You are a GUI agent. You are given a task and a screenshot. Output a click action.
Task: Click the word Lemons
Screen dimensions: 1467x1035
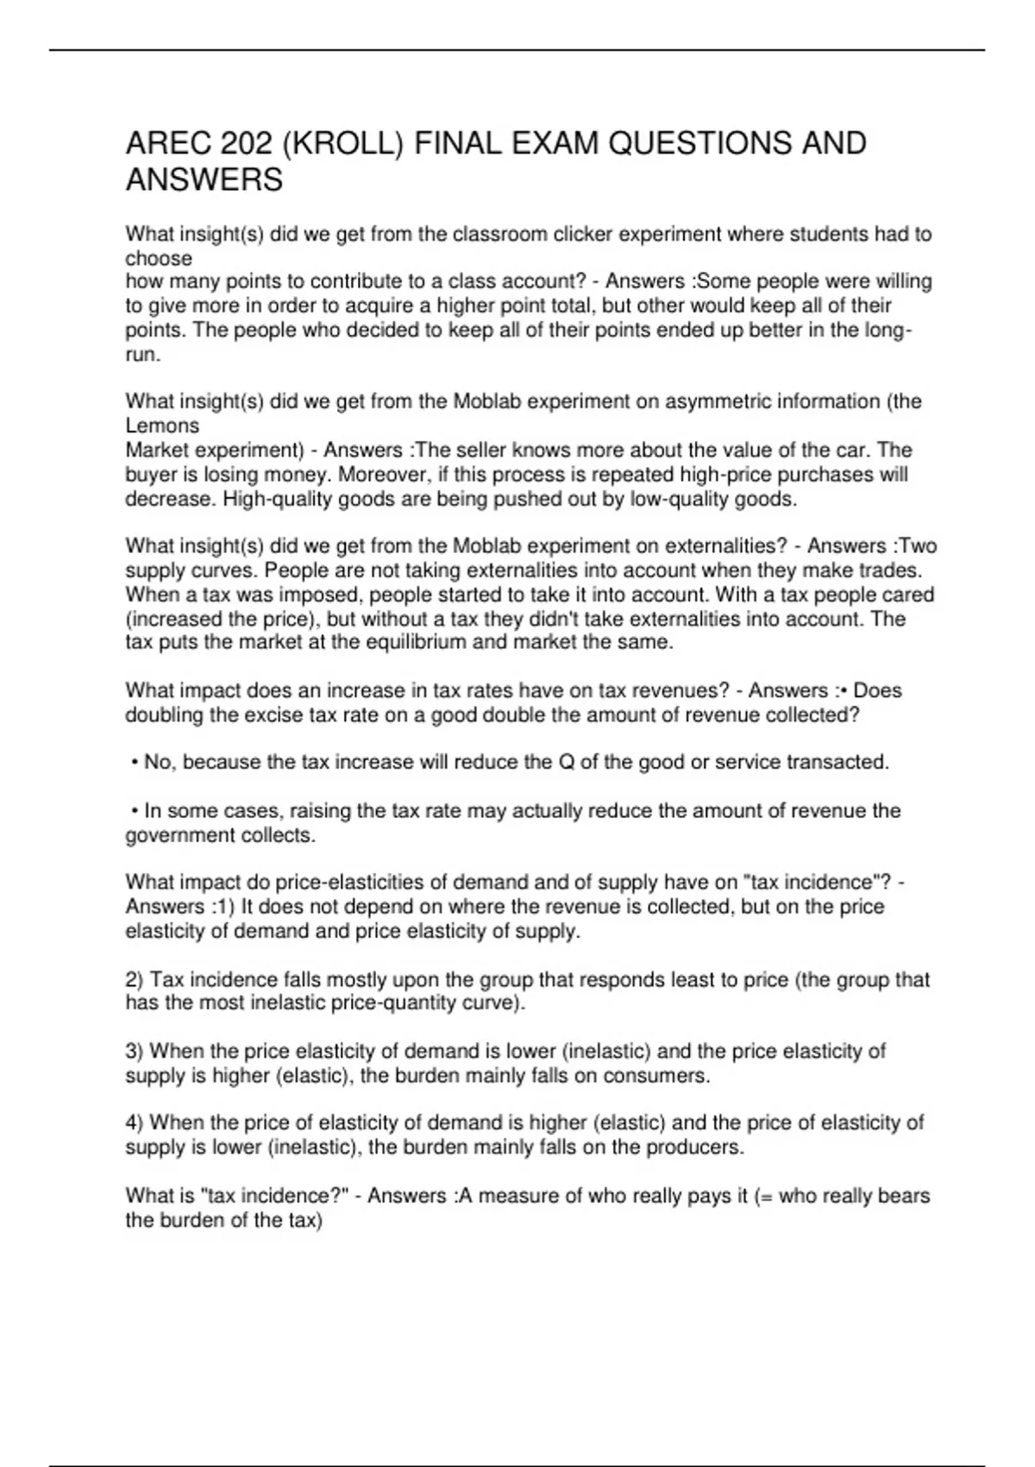coord(162,425)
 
